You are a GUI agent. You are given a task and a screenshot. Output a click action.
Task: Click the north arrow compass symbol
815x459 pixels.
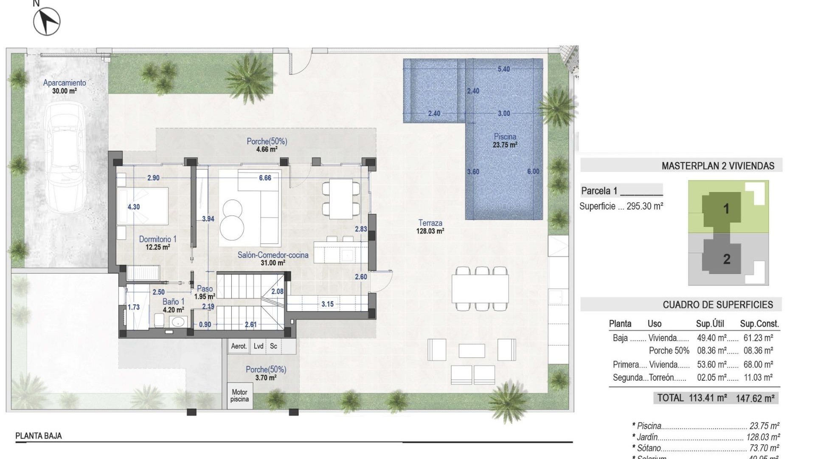coord(47,21)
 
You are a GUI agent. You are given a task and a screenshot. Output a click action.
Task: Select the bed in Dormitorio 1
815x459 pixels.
coord(143,206)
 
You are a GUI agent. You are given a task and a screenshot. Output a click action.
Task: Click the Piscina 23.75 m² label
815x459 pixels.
coord(505,141)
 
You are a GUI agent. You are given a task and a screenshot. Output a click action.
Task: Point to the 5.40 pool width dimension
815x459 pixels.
coord(503,69)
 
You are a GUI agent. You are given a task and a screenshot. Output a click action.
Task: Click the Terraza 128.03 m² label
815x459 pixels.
coord(430,227)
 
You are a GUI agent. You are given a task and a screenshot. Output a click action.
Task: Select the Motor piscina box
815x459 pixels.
coord(239,396)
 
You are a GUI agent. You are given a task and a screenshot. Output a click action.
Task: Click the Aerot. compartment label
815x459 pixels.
coord(239,346)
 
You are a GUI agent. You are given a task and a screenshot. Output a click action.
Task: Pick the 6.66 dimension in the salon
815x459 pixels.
coord(265,178)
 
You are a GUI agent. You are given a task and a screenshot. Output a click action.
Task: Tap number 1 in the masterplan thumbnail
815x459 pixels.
coord(726,209)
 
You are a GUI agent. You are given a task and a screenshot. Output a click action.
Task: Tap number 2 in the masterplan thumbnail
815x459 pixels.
coord(726,259)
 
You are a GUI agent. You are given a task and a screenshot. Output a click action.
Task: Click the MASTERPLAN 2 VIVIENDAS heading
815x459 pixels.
coord(718,166)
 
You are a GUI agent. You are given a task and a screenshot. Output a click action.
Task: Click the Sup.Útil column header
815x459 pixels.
coord(710,324)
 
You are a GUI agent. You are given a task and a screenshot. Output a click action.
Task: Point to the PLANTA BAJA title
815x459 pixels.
coord(39,436)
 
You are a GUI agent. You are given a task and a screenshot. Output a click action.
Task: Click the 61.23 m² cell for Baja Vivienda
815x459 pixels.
coord(758,338)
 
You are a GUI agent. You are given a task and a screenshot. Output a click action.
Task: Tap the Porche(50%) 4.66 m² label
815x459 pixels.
coord(267,145)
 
